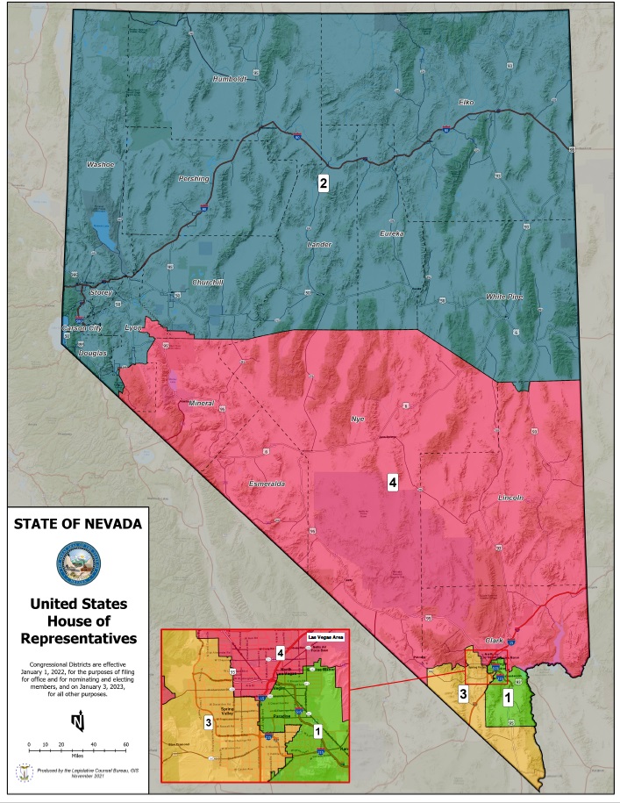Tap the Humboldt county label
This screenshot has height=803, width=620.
coord(231,79)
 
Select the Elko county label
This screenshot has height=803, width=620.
coord(466,103)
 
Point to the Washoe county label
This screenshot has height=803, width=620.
coord(100,164)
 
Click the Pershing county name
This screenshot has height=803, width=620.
coord(194,178)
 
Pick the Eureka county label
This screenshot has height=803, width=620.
coord(392,233)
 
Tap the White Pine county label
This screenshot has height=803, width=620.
coord(504,297)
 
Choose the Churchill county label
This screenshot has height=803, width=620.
coord(210,282)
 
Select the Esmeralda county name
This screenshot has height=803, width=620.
coord(245,484)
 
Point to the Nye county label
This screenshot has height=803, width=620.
coord(356,419)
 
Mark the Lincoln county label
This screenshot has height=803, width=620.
coord(510,498)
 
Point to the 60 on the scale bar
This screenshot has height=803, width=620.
coord(125,744)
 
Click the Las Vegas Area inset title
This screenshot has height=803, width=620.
coord(327,639)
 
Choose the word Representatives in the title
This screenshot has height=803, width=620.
coord(77,636)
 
